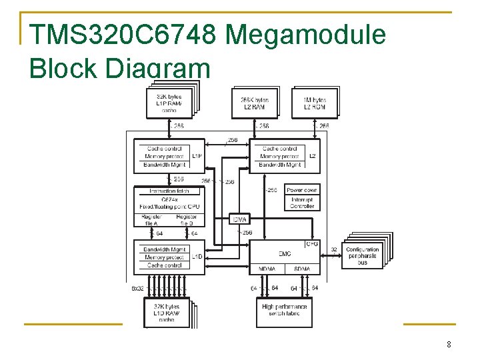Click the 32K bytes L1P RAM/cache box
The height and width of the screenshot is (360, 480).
(x=169, y=104)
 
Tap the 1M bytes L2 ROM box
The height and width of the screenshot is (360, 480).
(x=314, y=103)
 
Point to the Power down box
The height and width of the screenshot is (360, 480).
(x=302, y=190)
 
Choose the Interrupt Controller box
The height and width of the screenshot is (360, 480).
(x=302, y=203)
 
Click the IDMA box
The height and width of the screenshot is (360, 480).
(x=239, y=219)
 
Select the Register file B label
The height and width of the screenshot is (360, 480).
(x=186, y=220)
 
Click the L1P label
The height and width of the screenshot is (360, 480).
(x=197, y=157)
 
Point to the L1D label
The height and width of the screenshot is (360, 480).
(x=197, y=257)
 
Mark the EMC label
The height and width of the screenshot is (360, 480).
(x=285, y=253)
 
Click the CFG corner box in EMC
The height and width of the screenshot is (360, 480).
(x=312, y=245)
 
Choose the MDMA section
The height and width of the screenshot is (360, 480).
(x=267, y=269)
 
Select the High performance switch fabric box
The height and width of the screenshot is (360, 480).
(x=285, y=309)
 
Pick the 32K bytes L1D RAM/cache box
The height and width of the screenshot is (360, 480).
(x=166, y=312)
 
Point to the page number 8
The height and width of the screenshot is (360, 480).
(x=449, y=345)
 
